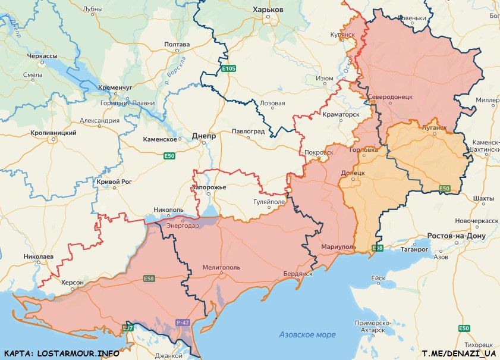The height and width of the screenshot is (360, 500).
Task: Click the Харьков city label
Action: coord(268,10)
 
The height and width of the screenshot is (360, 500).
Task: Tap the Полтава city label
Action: coord(176,45)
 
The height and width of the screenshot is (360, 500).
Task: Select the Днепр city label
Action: coord(204,136)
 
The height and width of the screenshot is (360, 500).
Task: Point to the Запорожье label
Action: coord(209,188)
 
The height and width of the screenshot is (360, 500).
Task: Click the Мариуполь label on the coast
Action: coord(338,246)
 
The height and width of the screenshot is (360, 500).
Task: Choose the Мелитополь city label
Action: coord(221,268)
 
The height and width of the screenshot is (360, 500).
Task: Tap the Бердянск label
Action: coord(298,274)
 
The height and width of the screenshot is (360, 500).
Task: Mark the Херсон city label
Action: coord(73,282)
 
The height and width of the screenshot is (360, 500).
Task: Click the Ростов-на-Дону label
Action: coord(457,236)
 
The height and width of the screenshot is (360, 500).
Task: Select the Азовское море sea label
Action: coord(307,335)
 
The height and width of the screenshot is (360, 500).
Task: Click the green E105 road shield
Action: coord(228,70)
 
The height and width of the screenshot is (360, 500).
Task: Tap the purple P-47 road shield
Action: coord(183,323)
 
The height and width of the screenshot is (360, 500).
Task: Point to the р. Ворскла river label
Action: coord(177,70)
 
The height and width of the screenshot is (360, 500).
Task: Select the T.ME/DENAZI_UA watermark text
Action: coord(458,353)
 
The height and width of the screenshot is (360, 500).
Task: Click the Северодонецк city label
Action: coord(389,96)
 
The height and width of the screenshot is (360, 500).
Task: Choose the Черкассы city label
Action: coord(42,56)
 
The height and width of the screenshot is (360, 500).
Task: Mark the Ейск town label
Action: coord(378,278)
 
